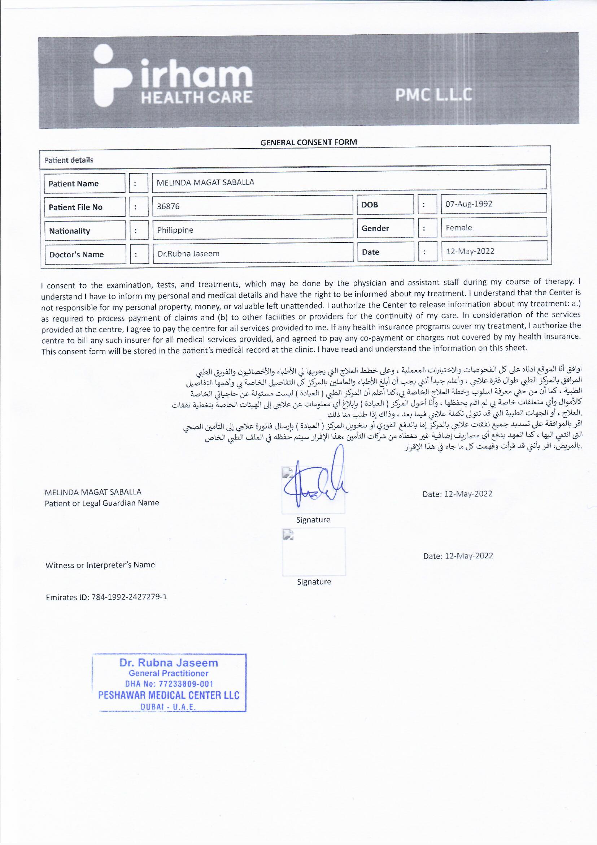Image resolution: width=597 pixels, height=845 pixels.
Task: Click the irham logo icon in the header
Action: (x=112, y=76)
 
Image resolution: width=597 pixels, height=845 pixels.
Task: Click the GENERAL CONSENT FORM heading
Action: (x=308, y=142)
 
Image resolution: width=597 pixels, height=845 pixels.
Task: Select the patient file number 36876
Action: (x=168, y=206)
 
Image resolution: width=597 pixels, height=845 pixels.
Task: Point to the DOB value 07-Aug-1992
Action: (x=469, y=204)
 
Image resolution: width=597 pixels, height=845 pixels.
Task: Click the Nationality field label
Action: (x=69, y=231)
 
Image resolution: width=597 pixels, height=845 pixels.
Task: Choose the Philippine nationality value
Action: (x=175, y=230)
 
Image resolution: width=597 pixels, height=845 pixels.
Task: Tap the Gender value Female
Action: (x=459, y=228)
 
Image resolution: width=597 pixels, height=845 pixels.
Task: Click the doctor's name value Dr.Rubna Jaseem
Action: (x=188, y=254)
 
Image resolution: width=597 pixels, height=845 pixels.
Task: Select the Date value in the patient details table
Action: (x=470, y=251)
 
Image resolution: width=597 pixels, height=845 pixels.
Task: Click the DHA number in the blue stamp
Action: (x=169, y=684)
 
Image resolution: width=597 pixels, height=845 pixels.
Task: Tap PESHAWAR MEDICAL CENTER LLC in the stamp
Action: (x=169, y=695)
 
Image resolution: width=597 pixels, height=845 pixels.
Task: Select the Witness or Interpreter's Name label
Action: (x=100, y=565)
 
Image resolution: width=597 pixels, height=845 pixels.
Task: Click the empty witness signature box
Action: (x=314, y=551)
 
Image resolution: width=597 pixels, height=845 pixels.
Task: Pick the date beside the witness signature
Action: (x=458, y=556)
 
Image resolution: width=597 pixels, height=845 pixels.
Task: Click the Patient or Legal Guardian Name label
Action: (x=102, y=503)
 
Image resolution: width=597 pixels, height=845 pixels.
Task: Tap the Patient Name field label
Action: (x=74, y=184)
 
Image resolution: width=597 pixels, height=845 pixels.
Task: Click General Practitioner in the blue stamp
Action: (x=168, y=673)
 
